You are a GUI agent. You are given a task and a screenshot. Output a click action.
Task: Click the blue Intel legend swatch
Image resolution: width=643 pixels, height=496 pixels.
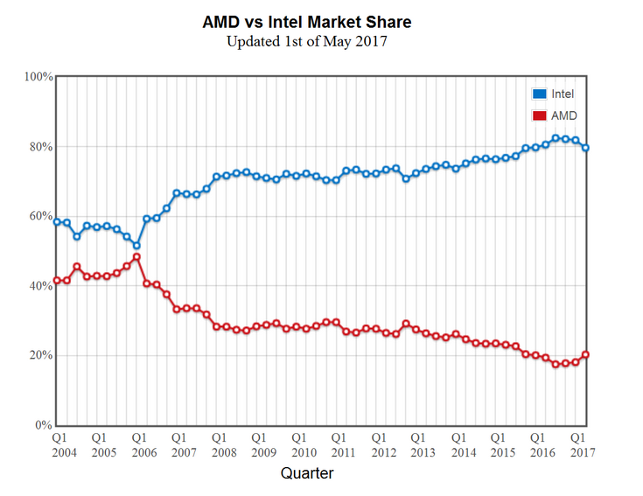(x=539, y=94)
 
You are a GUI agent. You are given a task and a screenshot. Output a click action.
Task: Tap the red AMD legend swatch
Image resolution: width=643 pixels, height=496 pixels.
(x=539, y=115)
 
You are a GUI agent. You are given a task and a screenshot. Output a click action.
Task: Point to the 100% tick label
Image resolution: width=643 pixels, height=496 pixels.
(x=38, y=77)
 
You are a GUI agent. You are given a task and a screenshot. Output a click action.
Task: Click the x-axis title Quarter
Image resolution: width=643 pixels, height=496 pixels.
(x=306, y=473)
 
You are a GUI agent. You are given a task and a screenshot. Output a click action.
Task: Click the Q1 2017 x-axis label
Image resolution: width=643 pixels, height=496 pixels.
(x=578, y=444)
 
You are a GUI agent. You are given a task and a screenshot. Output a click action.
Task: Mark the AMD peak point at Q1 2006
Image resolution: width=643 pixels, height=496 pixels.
(x=136, y=257)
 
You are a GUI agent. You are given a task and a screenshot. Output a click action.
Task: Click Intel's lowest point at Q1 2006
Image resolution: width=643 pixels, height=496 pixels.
(x=136, y=246)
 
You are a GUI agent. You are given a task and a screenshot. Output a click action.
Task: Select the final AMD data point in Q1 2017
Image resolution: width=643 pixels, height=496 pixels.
(x=585, y=354)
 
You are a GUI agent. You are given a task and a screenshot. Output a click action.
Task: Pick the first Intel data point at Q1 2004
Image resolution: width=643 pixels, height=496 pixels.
(x=57, y=222)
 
